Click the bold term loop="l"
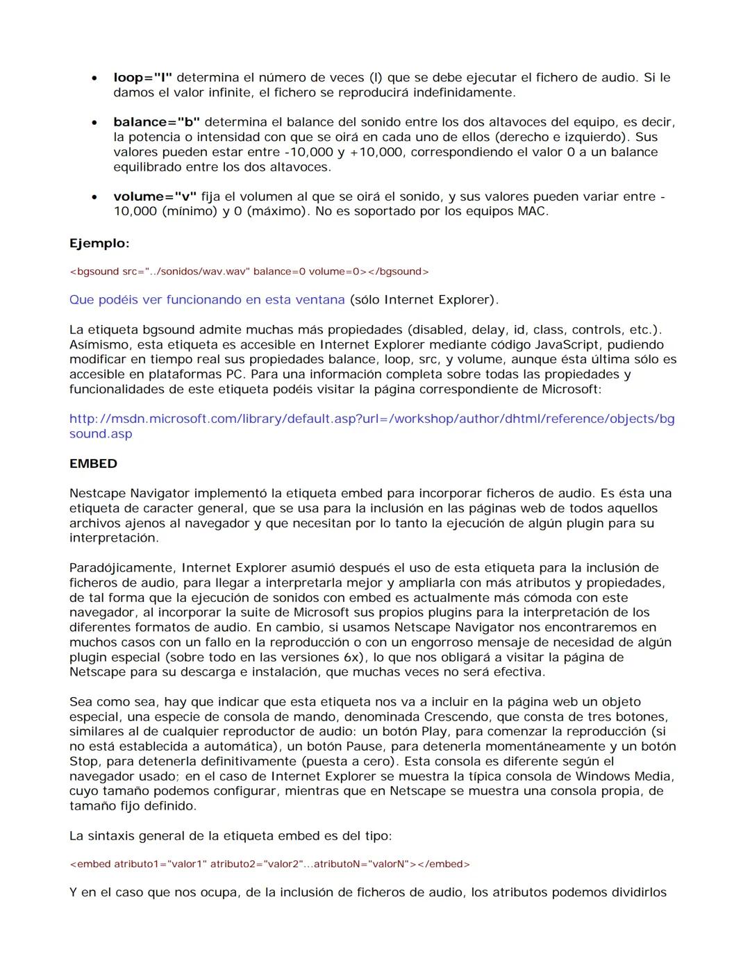(x=143, y=78)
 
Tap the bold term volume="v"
(x=155, y=196)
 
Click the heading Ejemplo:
(x=99, y=243)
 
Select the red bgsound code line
(x=249, y=271)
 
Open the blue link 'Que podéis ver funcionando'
(x=206, y=300)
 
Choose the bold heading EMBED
(x=93, y=464)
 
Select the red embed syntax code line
(x=269, y=864)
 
